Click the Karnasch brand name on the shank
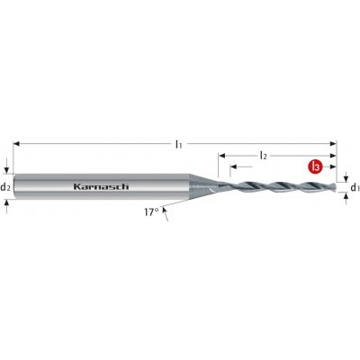pyautogui.click(x=102, y=186)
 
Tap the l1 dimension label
pyautogui.click(x=179, y=145)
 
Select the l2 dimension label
pyautogui.click(x=263, y=156)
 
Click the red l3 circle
pyautogui.click(x=315, y=166)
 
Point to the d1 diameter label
pyautogui.click(x=355, y=188)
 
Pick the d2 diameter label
pyautogui.click(x=5, y=188)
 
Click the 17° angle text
pyautogui.click(x=151, y=212)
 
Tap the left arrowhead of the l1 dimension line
pyautogui.click(x=17, y=144)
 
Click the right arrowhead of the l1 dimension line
pyautogui.click(x=333, y=144)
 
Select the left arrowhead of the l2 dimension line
pyautogui.click(x=221, y=156)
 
